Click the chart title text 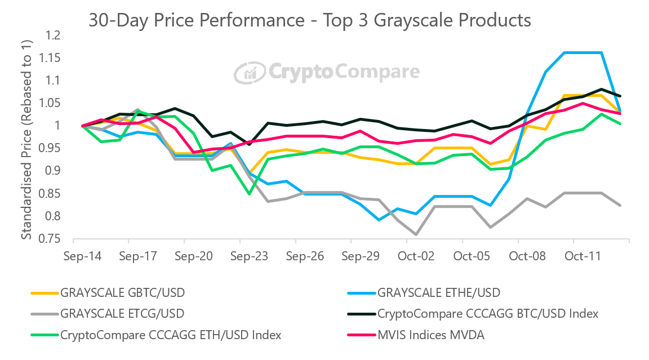[310, 20]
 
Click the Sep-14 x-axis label [82, 256]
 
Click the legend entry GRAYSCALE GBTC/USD [122, 292]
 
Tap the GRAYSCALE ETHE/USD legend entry [438, 292]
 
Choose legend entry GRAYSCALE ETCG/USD [122, 313]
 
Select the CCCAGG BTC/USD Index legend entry [487, 313]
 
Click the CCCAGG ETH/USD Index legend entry [171, 335]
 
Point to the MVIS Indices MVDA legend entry [430, 335]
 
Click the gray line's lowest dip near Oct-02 [416, 234]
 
